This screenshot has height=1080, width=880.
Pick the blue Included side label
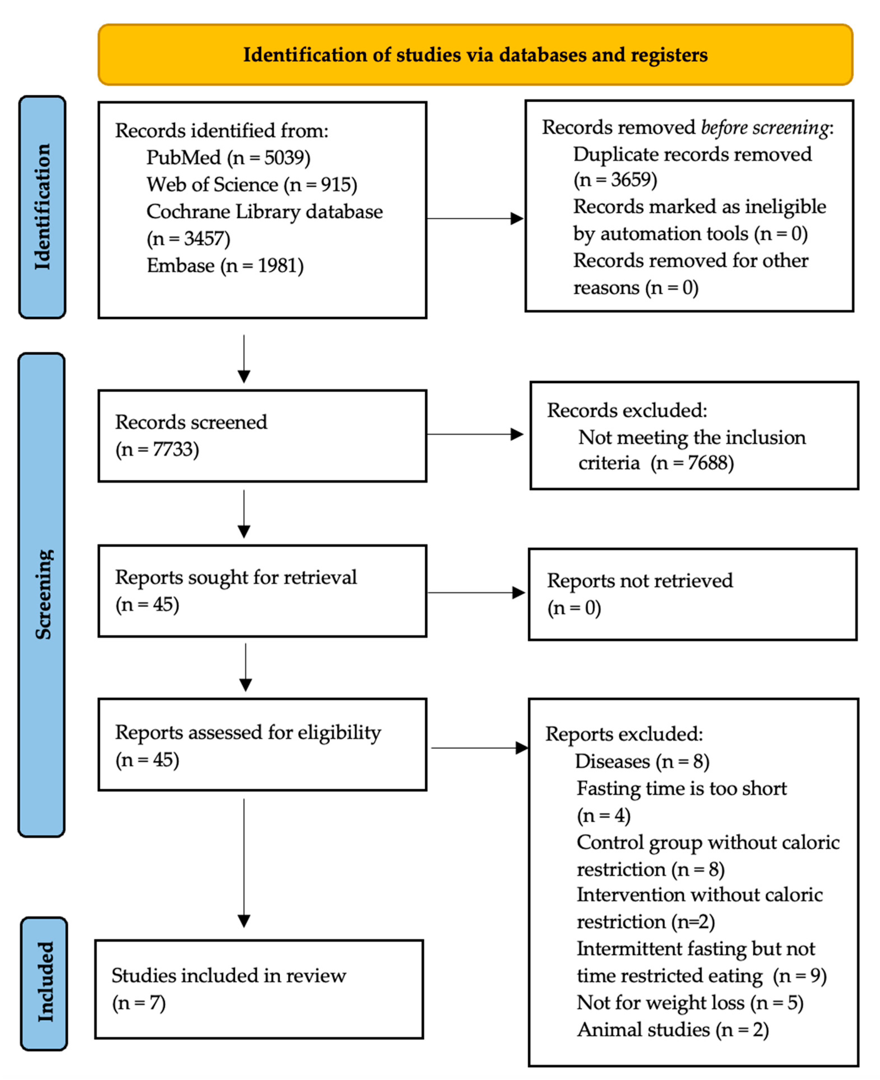click(45, 982)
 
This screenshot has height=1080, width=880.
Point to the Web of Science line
click(251, 184)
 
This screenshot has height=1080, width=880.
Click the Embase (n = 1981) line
click(225, 266)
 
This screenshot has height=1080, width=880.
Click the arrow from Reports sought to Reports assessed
click(245, 667)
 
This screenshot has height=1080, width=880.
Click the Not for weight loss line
click(689, 1002)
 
